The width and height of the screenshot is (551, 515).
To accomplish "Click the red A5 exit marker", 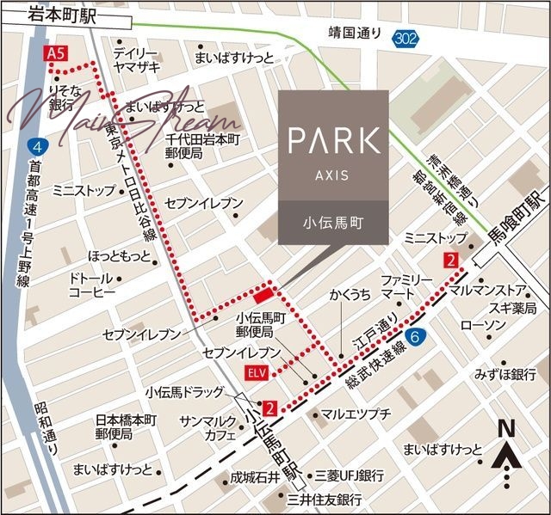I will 56,54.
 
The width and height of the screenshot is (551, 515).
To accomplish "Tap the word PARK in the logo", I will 334,140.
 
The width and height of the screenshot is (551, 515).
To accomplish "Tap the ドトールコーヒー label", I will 91,285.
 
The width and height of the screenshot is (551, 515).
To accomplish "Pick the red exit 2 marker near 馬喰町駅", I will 451,260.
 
